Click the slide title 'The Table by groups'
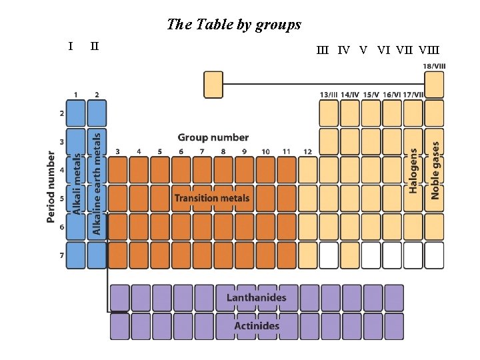234,25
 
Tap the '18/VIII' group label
435,66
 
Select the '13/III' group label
329,95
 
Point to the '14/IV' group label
350,95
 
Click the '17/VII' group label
413,95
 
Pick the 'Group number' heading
213,137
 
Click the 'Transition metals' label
212,198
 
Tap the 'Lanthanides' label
257,297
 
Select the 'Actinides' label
257,326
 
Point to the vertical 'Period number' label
51,187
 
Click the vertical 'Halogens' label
413,171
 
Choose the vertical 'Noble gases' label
435,169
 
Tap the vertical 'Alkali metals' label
76,183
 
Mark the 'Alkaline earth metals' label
97,182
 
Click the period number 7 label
61,256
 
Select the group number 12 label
307,152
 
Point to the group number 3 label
117,152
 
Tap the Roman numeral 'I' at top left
71,46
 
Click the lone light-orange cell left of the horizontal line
213,85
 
